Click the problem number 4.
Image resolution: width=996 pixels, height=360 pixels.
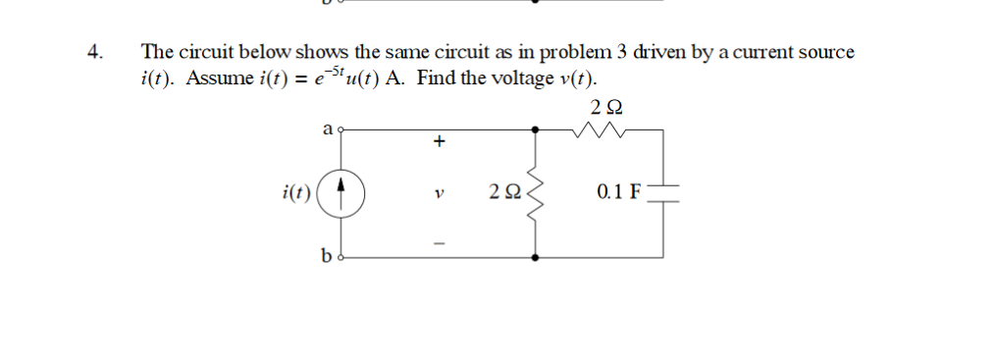tap(93, 52)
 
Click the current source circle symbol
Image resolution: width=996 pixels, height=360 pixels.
tap(344, 192)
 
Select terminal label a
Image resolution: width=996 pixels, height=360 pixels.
tap(326, 128)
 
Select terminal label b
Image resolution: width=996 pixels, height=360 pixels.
tap(326, 257)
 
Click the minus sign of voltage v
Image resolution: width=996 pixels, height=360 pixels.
tap(439, 242)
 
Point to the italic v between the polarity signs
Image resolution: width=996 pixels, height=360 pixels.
tap(439, 193)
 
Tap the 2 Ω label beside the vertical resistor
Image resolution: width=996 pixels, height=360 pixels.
tap(501, 192)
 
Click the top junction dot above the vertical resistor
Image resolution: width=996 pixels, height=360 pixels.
tap(535, 129)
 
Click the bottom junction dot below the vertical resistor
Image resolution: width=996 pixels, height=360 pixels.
tap(535, 257)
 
